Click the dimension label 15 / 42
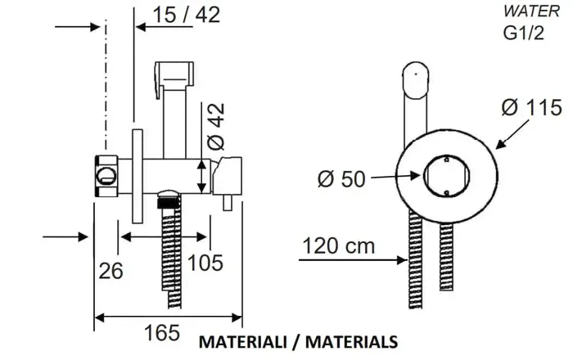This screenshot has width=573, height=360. [186, 15]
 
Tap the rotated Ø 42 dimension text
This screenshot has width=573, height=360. [215, 127]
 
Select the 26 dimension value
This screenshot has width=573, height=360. [111, 271]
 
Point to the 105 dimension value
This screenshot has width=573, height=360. [205, 263]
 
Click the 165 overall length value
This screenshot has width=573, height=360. [162, 333]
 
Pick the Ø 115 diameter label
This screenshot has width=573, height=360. [532, 107]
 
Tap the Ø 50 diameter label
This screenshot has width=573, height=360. [341, 179]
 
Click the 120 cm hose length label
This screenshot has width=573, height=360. [339, 245]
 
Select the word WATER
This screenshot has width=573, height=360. [532, 11]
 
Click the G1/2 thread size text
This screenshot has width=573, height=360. [524, 34]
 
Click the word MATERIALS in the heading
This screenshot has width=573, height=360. [351, 342]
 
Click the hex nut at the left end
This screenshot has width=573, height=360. [106, 176]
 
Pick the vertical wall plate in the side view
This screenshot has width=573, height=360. [138, 176]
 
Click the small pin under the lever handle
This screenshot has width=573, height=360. [228, 202]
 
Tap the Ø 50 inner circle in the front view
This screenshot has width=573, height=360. [446, 176]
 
